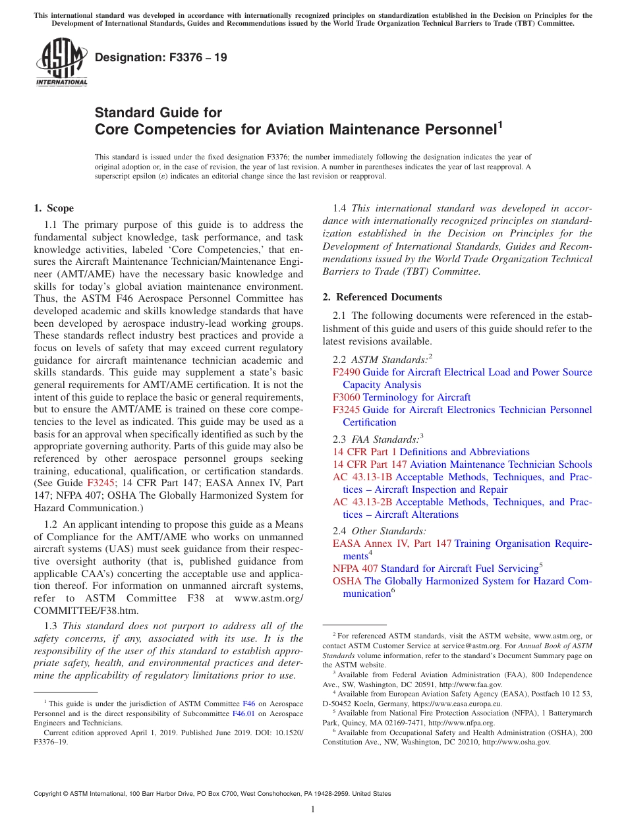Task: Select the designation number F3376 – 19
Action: (161, 57)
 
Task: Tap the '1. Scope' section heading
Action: (54, 208)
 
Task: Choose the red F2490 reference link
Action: (346, 372)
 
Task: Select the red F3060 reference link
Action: (346, 397)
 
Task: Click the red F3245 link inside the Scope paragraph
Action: (101, 484)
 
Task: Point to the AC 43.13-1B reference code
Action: (362, 477)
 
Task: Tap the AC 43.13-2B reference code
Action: (362, 502)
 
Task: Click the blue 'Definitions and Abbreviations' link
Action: (465, 452)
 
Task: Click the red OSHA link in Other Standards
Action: (347, 581)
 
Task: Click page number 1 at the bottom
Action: (313, 810)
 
